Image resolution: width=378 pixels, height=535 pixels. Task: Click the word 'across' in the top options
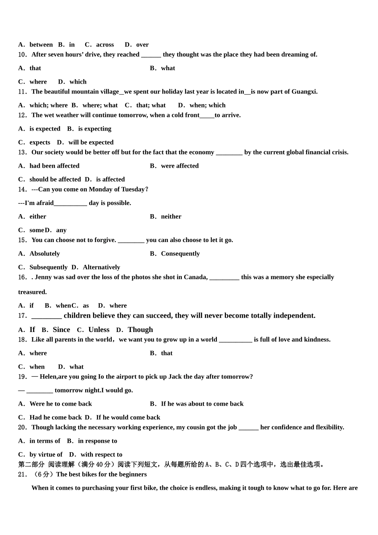click(105, 45)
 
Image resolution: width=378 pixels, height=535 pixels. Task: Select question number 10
click(23, 55)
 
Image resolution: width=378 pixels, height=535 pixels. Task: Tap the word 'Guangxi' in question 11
click(304, 92)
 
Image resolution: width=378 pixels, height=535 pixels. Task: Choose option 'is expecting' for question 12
click(95, 129)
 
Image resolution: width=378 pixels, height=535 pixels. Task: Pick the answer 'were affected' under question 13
click(179, 166)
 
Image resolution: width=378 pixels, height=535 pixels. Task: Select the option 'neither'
click(171, 217)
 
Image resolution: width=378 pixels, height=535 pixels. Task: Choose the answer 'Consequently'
click(180, 254)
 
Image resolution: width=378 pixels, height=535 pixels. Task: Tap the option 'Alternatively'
click(101, 267)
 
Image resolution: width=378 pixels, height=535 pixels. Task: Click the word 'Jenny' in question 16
click(43, 277)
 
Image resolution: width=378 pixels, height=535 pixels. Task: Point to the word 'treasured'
click(32, 292)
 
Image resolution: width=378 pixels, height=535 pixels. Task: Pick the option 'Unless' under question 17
click(99, 330)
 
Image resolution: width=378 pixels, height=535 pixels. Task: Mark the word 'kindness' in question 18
click(317, 340)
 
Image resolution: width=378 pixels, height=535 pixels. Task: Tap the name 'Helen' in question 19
click(48, 377)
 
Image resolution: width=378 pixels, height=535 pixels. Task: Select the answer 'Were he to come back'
click(60, 404)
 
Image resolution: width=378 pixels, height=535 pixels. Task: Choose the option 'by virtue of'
click(46, 454)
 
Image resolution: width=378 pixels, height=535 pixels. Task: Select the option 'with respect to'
click(101, 454)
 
